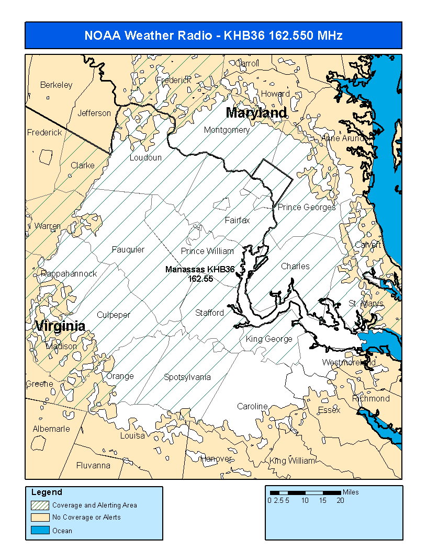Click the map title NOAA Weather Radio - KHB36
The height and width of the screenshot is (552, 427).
(213, 36)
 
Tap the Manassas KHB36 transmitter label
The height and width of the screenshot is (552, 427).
(199, 270)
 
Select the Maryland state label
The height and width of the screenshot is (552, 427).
(256, 113)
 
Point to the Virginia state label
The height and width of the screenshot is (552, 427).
(60, 326)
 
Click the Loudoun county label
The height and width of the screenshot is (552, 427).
(145, 157)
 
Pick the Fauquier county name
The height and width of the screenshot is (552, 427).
(128, 249)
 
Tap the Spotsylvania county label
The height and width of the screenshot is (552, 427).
(187, 377)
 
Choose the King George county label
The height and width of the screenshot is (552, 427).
(269, 339)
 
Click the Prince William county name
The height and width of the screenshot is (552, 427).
(207, 251)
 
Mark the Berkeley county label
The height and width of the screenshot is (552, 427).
(57, 85)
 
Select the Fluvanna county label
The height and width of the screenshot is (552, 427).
(93, 465)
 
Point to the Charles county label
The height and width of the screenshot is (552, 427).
(295, 266)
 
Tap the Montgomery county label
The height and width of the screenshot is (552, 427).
(227, 130)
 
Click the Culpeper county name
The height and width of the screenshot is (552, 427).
(114, 315)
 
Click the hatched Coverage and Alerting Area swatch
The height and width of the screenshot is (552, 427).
(40, 505)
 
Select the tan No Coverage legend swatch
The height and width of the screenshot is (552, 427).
(40, 517)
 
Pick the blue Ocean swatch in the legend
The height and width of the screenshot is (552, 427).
(40, 530)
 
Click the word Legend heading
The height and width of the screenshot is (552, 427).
(47, 492)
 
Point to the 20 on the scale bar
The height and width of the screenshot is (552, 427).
(340, 500)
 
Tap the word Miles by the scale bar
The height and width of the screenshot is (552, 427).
(351, 492)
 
